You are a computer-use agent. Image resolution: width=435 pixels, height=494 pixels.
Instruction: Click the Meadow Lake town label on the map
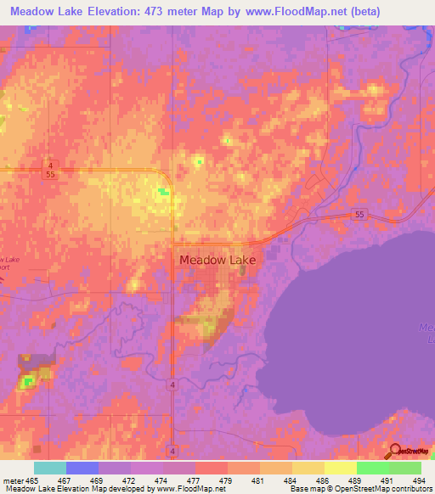click(x=212, y=261)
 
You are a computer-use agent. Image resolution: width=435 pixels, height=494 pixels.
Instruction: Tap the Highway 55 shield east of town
click(x=359, y=216)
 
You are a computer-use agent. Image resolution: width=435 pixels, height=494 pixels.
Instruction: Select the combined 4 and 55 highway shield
click(x=51, y=168)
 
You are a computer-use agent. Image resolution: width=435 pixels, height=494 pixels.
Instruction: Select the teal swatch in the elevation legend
click(x=50, y=467)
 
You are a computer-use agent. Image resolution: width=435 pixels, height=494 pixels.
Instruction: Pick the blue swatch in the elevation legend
click(x=82, y=467)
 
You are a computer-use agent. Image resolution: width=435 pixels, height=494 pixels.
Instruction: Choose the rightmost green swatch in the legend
click(x=405, y=467)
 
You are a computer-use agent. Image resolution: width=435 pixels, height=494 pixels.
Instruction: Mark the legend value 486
click(x=320, y=480)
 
